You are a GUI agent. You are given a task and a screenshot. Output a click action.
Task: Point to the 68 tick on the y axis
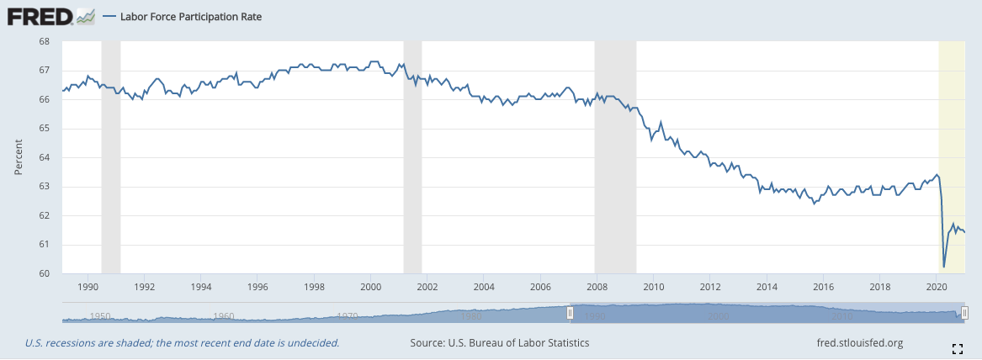coord(45,41)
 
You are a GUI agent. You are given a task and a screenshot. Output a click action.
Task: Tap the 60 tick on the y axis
coord(45,274)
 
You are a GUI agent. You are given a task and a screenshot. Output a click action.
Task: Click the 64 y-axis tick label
coord(45,157)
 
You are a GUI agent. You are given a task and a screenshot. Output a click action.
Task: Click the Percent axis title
coord(18,157)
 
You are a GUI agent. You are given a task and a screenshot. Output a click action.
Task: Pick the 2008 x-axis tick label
coord(597,286)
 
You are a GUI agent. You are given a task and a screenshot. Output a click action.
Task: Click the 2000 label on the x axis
coord(371,286)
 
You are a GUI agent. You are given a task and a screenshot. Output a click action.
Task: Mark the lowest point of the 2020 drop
coord(944,267)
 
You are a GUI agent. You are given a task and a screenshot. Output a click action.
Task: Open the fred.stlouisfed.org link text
coord(860,343)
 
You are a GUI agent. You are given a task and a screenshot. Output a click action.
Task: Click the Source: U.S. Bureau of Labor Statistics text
coord(500,343)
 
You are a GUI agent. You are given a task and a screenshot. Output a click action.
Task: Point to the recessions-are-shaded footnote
coord(182,343)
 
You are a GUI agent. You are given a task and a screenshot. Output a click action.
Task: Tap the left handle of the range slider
coord(570,313)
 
